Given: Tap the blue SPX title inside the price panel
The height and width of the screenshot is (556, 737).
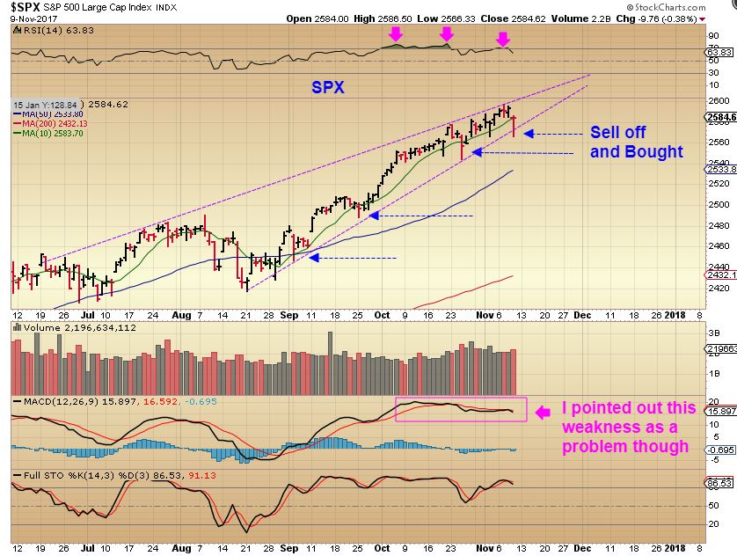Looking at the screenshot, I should point(328,88).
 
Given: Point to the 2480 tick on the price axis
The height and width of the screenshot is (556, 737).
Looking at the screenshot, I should point(719,225).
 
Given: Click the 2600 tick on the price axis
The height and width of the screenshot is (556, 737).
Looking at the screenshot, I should point(719,100).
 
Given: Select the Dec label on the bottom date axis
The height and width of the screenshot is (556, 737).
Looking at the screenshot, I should point(608,313).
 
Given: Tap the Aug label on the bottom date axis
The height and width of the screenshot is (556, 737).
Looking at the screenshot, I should point(181,313).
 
